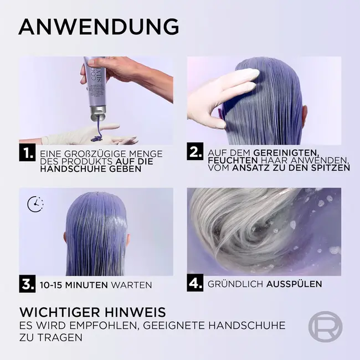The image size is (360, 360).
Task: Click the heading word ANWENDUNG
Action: (99, 26)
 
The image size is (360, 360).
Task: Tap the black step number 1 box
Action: (27, 153)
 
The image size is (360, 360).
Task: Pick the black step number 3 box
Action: (27, 285)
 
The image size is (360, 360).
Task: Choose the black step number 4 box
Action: (195, 284)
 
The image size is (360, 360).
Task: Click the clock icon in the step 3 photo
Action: (35, 204)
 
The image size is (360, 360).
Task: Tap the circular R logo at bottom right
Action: (325, 327)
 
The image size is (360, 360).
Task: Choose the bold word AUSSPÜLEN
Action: (294, 284)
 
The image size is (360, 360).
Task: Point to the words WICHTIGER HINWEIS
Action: (92, 312)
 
